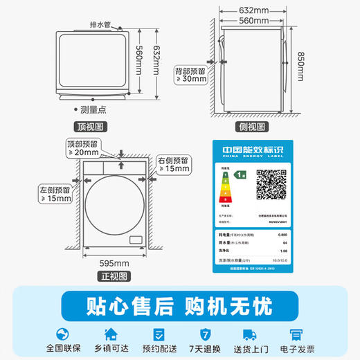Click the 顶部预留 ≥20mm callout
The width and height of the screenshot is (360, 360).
click(x=83, y=147)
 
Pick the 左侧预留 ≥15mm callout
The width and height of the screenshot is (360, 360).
click(x=55, y=194)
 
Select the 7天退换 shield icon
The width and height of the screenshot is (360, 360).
click(x=204, y=333)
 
